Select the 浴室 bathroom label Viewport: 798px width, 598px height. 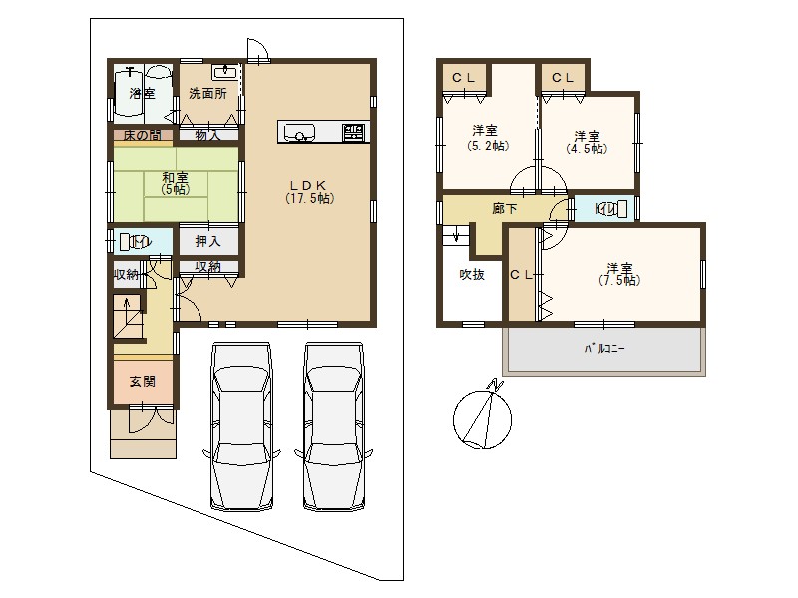(x=142, y=93)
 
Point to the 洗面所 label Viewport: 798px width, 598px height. (x=207, y=93)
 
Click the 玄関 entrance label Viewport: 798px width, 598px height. (x=142, y=381)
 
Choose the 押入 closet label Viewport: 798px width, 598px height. (x=207, y=241)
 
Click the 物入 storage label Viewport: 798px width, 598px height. (x=207, y=135)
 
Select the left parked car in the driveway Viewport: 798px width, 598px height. (x=240, y=427)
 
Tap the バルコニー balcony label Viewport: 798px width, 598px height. (x=604, y=349)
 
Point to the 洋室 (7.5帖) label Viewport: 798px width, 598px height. (x=619, y=274)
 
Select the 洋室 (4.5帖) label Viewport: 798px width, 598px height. (x=587, y=142)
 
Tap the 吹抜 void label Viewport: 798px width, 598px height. (x=471, y=275)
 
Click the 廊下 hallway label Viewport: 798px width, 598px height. (x=505, y=209)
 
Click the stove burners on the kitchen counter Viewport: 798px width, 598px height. (x=355, y=131)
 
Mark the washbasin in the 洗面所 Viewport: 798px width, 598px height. (x=225, y=71)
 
